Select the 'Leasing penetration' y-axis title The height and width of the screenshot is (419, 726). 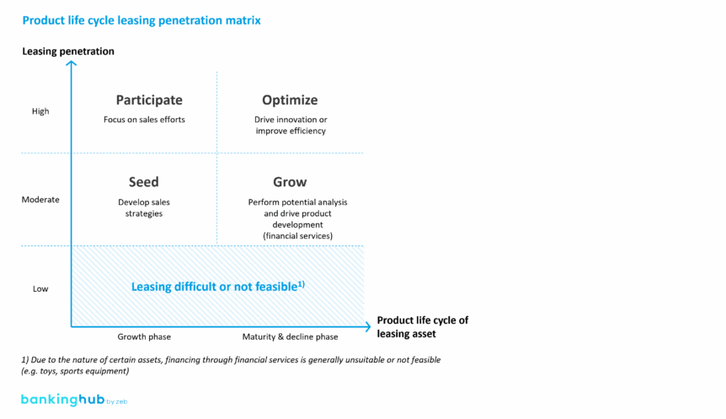(x=68, y=51)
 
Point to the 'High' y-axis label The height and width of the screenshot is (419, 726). (x=40, y=111)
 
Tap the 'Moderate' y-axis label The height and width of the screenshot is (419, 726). (x=40, y=200)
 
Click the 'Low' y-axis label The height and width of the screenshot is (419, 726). (x=40, y=289)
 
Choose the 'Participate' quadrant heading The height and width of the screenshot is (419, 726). (x=149, y=99)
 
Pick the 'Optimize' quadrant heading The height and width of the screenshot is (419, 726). (x=290, y=99)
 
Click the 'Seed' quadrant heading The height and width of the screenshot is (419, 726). (x=144, y=182)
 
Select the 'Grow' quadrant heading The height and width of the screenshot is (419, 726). (x=290, y=182)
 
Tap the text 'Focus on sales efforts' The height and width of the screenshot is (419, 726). (x=144, y=120)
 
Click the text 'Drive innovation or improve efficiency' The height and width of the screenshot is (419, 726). (x=290, y=126)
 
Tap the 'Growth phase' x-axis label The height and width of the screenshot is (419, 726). (x=144, y=337)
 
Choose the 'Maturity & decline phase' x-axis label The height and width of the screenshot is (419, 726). (x=290, y=337)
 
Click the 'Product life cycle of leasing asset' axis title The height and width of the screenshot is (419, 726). (x=422, y=327)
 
